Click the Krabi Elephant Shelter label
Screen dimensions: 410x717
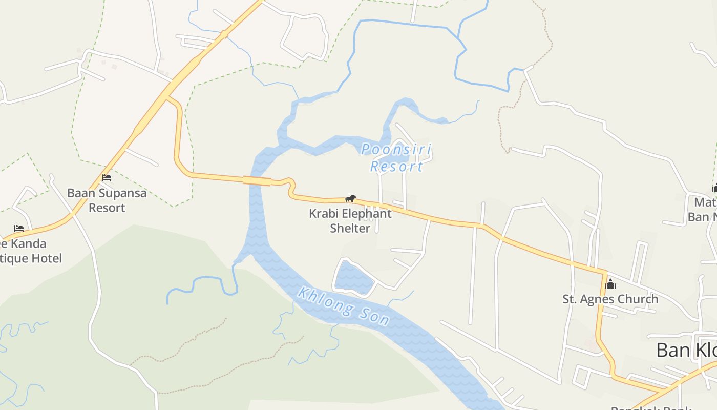pyautogui.click(x=350, y=220)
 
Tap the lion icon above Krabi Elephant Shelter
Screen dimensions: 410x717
pyautogui.click(x=350, y=198)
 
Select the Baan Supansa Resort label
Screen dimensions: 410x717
pyautogui.click(x=107, y=200)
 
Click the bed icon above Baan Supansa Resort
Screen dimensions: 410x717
pyautogui.click(x=107, y=178)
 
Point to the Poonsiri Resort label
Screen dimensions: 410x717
pyautogui.click(x=396, y=158)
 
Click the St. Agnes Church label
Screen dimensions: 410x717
pyautogui.click(x=610, y=299)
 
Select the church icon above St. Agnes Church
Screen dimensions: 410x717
pyautogui.click(x=610, y=283)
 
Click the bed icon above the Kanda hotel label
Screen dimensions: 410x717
pyautogui.click(x=19, y=228)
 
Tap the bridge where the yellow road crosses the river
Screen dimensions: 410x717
pyautogui.click(x=257, y=180)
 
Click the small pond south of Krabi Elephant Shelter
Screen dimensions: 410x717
pyautogui.click(x=353, y=277)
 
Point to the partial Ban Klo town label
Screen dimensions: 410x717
pyautogui.click(x=686, y=351)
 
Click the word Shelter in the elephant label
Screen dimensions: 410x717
pyautogui.click(x=350, y=228)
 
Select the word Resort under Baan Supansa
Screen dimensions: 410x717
pyautogui.click(x=107, y=208)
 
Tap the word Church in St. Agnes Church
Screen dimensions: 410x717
pyautogui.click(x=637, y=299)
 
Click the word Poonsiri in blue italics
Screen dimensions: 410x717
pyautogui.click(x=396, y=150)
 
